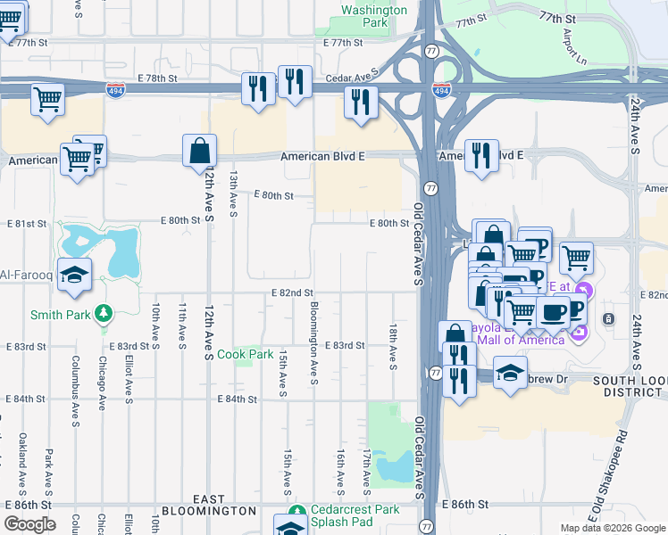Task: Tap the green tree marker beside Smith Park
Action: click(x=104, y=314)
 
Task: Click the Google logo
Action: click(x=29, y=524)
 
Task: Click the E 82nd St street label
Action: click(x=293, y=292)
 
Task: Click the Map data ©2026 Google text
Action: click(x=612, y=527)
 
